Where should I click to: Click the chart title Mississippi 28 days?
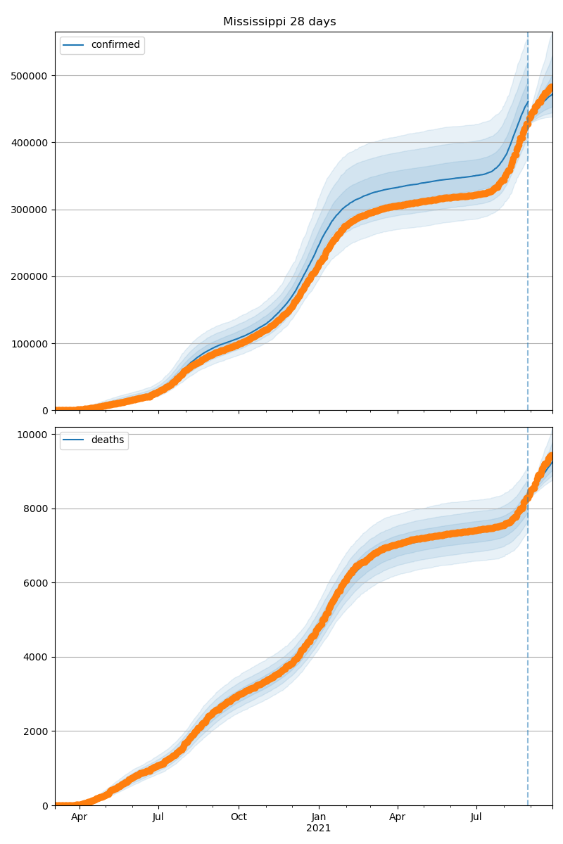coord(279,22)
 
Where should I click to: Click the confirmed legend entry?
coord(115,45)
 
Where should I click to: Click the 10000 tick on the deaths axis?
coord(35,435)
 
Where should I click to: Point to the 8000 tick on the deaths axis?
coord(38,509)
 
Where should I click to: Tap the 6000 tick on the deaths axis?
coord(38,583)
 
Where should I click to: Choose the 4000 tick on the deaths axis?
coord(38,657)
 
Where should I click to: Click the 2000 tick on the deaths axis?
coord(38,731)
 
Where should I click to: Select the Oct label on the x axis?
coord(239,817)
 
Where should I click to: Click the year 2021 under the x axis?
coord(318,829)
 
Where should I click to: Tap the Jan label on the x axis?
coord(318,817)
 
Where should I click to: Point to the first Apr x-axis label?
coord(79,817)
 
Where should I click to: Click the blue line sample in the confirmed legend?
coord(73,45)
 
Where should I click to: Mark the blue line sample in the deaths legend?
coord(73,440)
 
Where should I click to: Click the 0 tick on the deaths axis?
coord(46,805)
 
